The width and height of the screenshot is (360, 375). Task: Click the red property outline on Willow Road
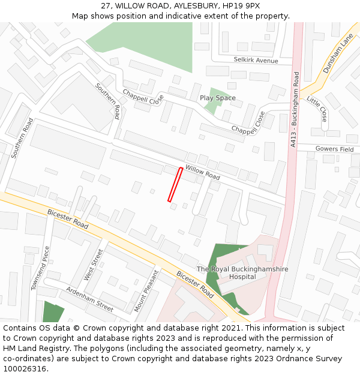[x=175, y=184]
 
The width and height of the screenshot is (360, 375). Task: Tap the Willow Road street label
[x=202, y=173]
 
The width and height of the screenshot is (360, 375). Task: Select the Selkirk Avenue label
[x=256, y=61]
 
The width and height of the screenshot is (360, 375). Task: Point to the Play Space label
[x=217, y=98]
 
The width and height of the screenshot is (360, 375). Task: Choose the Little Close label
[x=317, y=109]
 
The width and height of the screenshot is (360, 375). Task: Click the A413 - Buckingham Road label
[x=294, y=110]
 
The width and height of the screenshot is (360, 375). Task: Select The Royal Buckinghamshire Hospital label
[x=242, y=273]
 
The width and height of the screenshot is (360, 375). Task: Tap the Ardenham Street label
[x=89, y=298]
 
